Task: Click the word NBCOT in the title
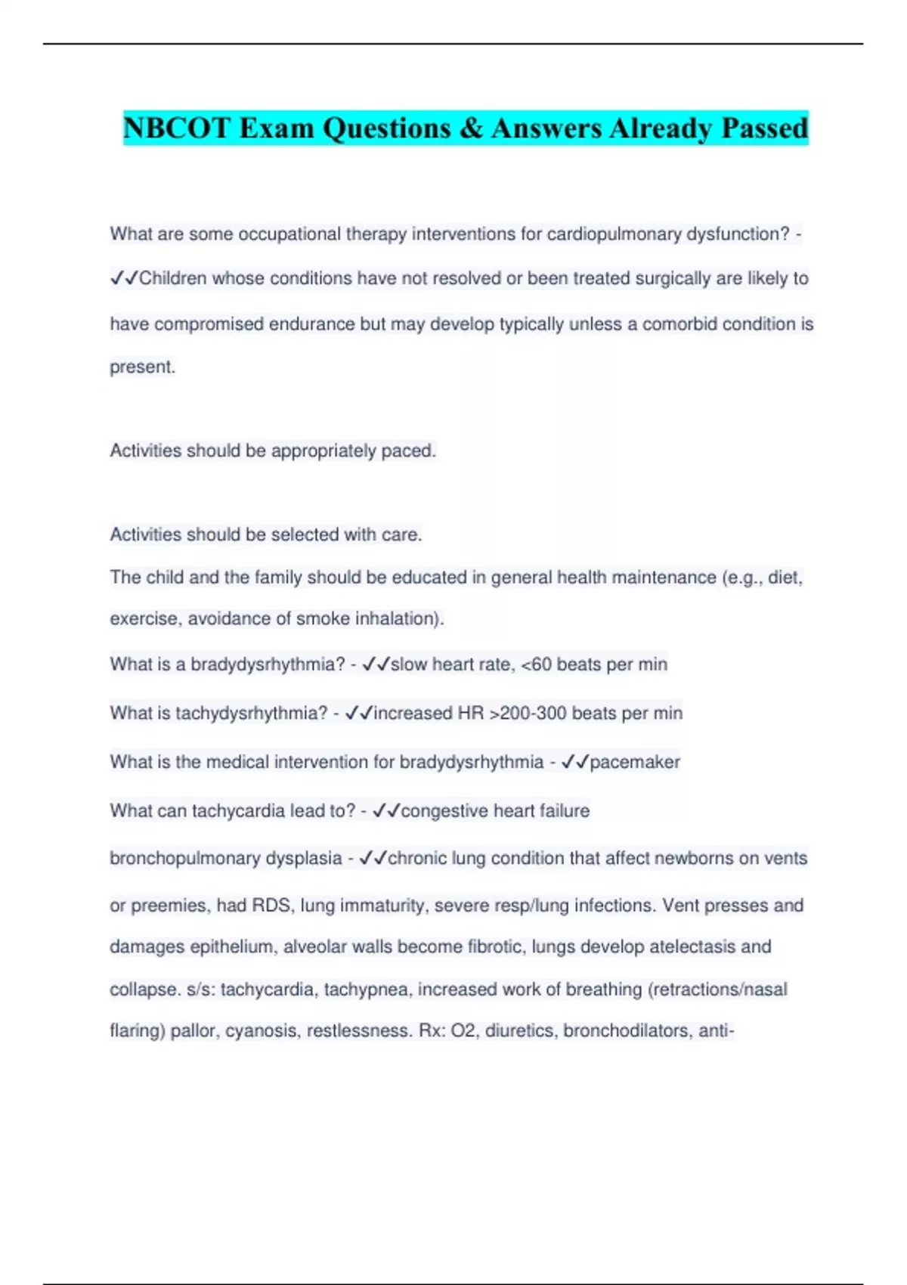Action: (176, 128)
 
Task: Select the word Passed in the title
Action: (764, 128)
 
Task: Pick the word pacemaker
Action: (635, 762)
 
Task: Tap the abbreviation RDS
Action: (271, 906)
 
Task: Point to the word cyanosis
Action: (262, 1031)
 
